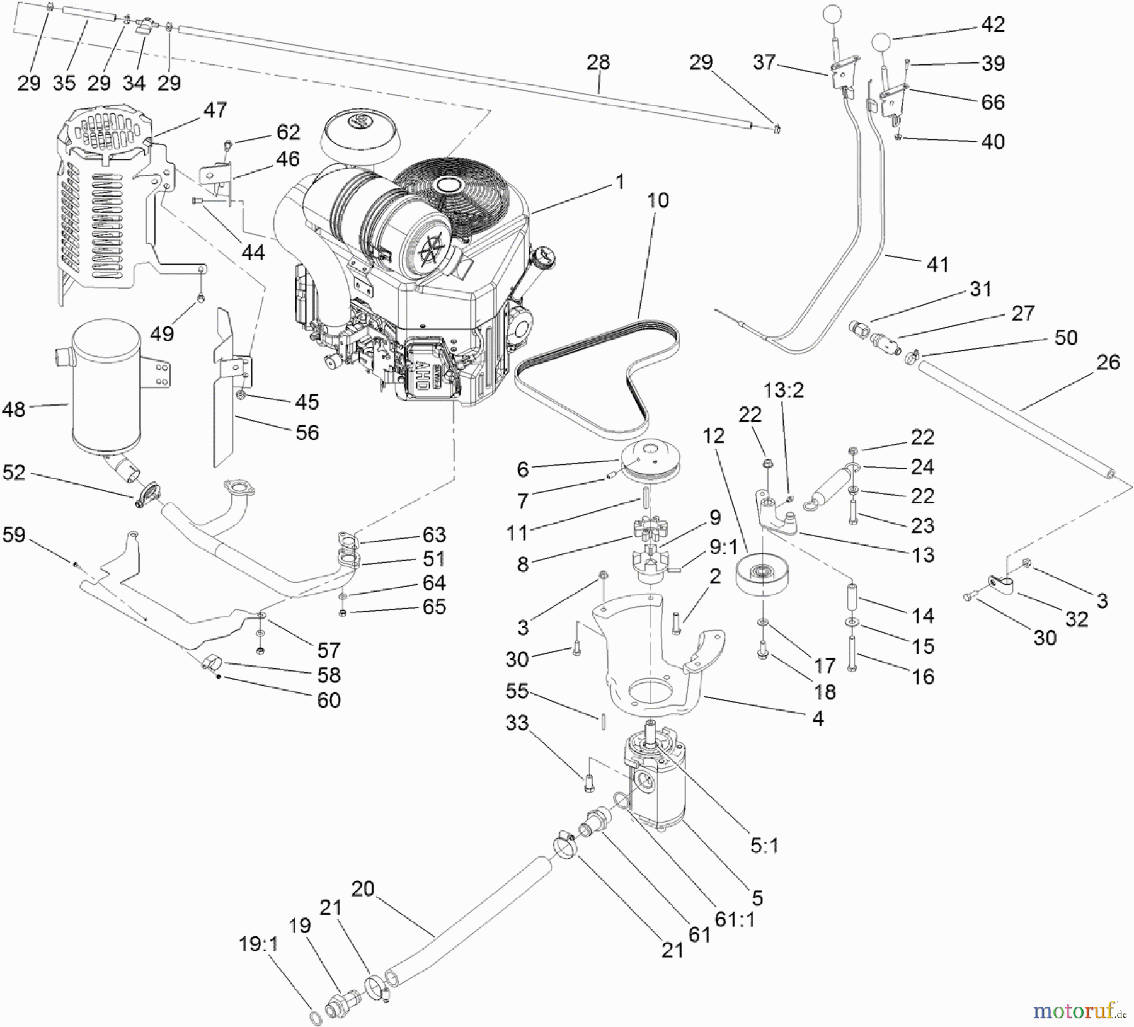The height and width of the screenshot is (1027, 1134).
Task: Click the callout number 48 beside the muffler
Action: (14, 410)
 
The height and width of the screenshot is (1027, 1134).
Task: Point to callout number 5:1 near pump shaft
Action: (764, 846)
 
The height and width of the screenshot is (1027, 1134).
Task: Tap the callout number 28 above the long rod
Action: (598, 62)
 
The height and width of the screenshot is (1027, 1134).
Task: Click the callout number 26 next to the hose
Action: (1108, 362)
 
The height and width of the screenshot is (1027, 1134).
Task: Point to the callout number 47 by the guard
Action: (215, 110)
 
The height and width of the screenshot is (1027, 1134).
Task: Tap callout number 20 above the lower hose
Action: (363, 889)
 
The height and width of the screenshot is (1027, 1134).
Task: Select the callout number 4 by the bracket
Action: (817, 718)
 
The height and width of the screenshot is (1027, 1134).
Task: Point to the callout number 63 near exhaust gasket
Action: (434, 535)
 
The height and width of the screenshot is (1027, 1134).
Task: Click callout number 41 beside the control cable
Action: (937, 265)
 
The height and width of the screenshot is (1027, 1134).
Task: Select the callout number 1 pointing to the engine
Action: (620, 182)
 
